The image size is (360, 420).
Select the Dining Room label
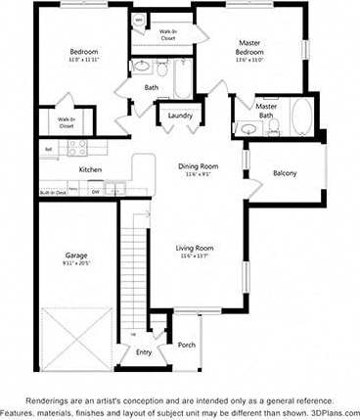[x=197, y=166]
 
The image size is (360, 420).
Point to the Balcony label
[x=285, y=173]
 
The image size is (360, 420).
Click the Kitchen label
[x=91, y=169]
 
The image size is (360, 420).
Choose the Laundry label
[x=180, y=116]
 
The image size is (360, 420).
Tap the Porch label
[x=187, y=344]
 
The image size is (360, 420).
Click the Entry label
[x=144, y=352]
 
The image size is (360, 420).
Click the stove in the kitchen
[x=77, y=149]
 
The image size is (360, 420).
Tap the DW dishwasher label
[x=95, y=193]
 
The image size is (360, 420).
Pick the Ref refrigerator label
[x=48, y=149]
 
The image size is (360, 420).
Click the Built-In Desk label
[x=53, y=193]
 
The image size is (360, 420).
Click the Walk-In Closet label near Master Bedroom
[x=168, y=34]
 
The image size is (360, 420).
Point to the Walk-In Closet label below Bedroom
[x=67, y=122]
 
